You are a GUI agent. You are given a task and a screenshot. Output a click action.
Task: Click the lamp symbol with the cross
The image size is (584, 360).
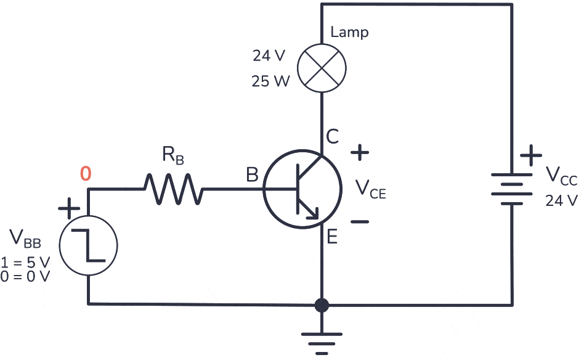(321, 68)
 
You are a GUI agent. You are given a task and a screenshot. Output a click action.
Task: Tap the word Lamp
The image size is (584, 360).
(349, 32)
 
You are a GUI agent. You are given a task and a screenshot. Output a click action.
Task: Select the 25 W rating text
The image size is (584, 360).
(270, 81)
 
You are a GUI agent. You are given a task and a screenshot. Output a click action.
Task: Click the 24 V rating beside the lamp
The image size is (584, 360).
(269, 56)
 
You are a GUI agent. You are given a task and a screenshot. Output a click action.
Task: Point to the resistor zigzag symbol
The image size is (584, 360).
(172, 189)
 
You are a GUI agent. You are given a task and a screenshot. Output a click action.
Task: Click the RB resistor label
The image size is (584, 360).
(173, 155)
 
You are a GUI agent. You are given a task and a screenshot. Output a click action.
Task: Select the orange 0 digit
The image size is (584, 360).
(86, 174)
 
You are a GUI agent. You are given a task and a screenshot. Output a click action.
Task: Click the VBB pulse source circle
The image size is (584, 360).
(90, 245)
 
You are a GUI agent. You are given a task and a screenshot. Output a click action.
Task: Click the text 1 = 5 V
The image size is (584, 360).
(25, 261)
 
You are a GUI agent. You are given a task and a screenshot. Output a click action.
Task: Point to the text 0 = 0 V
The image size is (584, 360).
(25, 276)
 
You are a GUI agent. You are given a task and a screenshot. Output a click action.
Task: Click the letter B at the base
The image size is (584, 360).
(252, 175)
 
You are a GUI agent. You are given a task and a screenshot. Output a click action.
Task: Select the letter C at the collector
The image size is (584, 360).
(332, 137)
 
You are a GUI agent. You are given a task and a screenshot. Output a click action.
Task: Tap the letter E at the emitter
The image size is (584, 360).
(332, 236)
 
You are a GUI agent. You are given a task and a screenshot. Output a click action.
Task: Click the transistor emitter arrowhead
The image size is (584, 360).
(314, 213)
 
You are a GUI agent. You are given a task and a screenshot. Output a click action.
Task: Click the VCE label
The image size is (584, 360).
(370, 189)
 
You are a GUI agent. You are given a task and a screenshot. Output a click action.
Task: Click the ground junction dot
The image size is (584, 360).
(321, 305)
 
